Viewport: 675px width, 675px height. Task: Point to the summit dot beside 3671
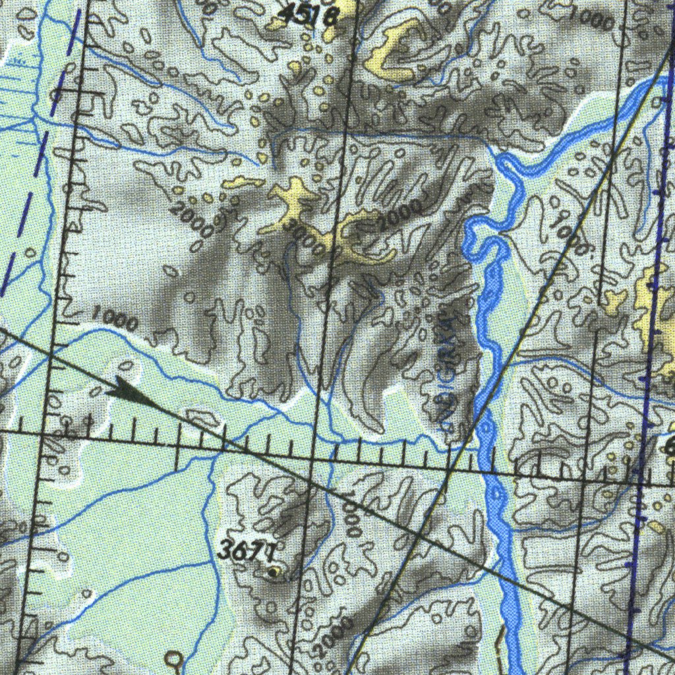(x=274, y=572)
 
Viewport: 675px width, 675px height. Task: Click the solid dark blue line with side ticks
(x=649, y=330)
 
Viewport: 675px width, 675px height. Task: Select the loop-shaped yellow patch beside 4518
(x=396, y=49)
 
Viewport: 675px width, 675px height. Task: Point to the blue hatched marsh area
(x=16, y=92)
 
